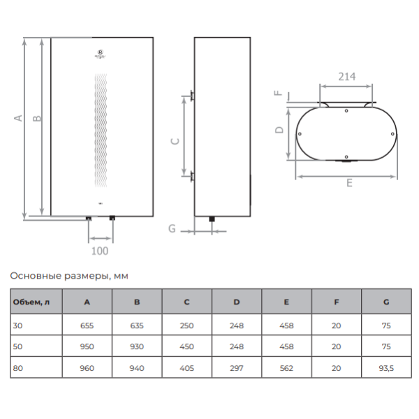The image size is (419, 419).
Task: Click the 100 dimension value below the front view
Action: pyautogui.click(x=100, y=249)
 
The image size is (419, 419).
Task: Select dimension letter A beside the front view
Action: pyautogui.click(x=19, y=118)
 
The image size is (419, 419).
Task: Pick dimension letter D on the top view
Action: pyautogui.click(x=278, y=130)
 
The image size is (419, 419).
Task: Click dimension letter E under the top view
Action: pyautogui.click(x=348, y=183)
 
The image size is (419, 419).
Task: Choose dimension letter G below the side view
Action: pyautogui.click(x=172, y=228)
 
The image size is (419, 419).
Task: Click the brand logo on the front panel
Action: pyautogui.click(x=101, y=52)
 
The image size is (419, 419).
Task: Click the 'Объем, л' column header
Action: pyautogui.click(x=31, y=302)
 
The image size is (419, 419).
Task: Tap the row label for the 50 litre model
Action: pyautogui.click(x=17, y=346)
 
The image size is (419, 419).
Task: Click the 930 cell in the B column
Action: pyautogui.click(x=137, y=346)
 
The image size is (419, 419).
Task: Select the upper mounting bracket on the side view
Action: pyautogui.click(x=191, y=95)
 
